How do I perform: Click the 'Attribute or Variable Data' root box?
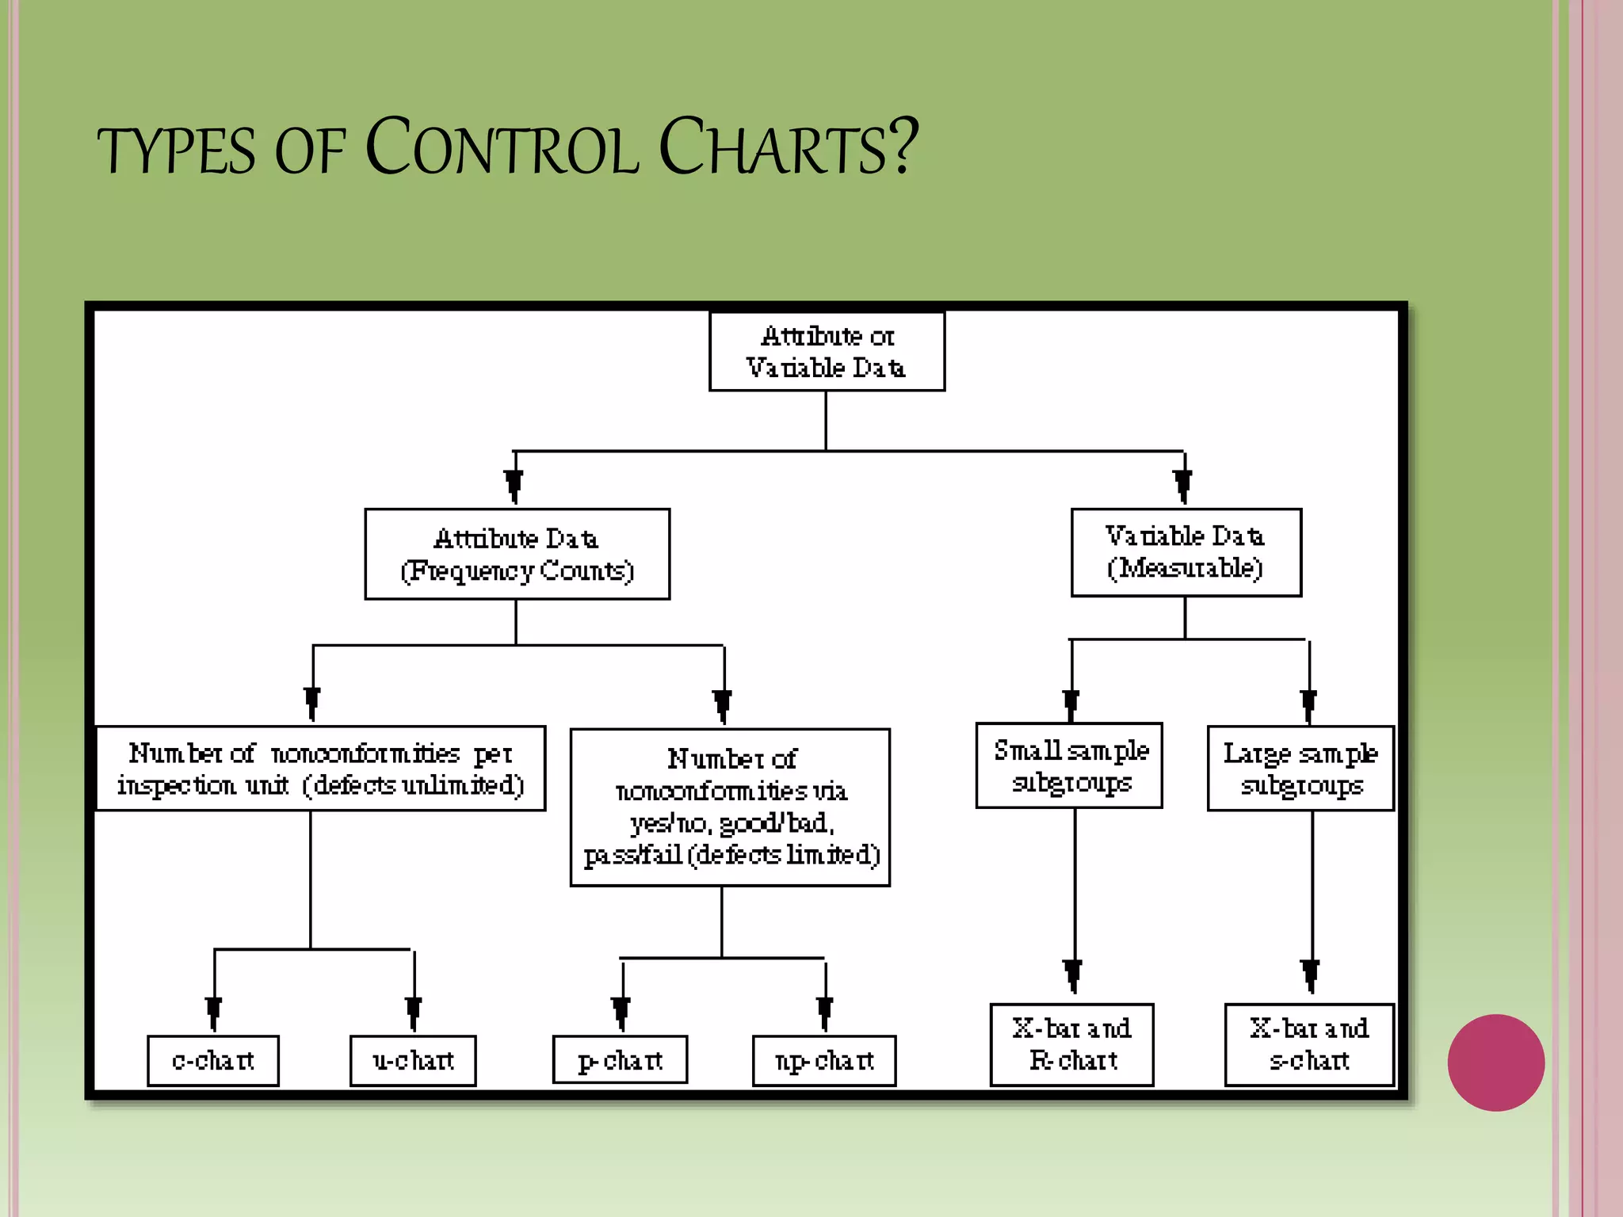click(827, 351)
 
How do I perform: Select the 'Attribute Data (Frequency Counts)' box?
click(517, 554)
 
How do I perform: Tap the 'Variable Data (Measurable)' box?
click(1186, 552)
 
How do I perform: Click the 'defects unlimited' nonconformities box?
click(321, 768)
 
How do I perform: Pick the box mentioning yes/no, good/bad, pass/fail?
click(730, 807)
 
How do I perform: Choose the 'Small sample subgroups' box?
click(1069, 765)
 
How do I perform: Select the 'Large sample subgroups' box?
click(1300, 768)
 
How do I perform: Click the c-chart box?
click(213, 1060)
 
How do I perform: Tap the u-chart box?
click(413, 1060)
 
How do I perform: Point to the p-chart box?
click(620, 1060)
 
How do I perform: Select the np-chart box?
click(824, 1060)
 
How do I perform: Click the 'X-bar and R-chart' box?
click(1071, 1044)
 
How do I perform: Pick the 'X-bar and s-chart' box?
click(1309, 1044)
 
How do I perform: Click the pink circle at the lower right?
click(1495, 1062)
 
